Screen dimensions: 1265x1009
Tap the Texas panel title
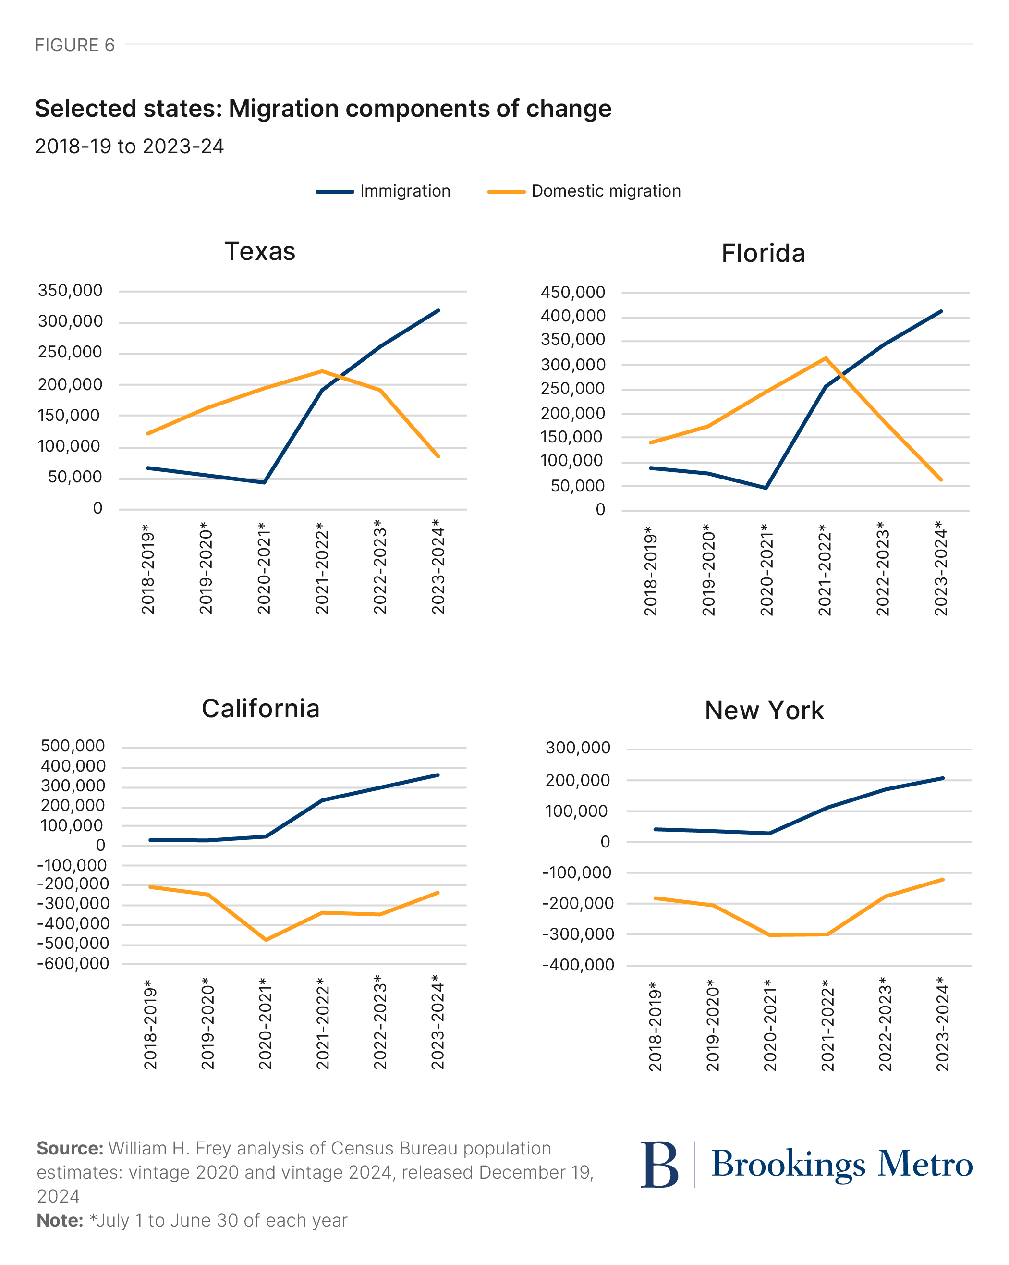[260, 251]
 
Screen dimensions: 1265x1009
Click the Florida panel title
[763, 254]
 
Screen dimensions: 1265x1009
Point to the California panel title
[260, 709]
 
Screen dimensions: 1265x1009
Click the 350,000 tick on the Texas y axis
[70, 291]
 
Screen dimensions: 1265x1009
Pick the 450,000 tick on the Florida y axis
[572, 292]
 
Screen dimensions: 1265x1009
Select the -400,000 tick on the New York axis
[577, 965]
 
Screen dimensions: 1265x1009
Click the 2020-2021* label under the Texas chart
[264, 568]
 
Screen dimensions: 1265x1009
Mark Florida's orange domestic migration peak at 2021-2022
[826, 358]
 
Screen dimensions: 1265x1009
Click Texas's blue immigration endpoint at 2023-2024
[438, 310]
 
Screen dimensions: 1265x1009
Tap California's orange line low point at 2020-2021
[266, 940]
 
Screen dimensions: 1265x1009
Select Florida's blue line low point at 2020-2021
[766, 488]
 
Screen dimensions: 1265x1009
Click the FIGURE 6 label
[74, 45]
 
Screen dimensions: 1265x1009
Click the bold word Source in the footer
[69, 1148]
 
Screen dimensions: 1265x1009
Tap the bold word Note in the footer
[59, 1220]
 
